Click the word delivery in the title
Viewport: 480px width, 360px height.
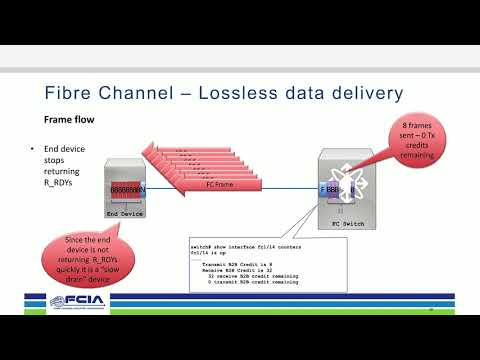pos(364,93)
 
